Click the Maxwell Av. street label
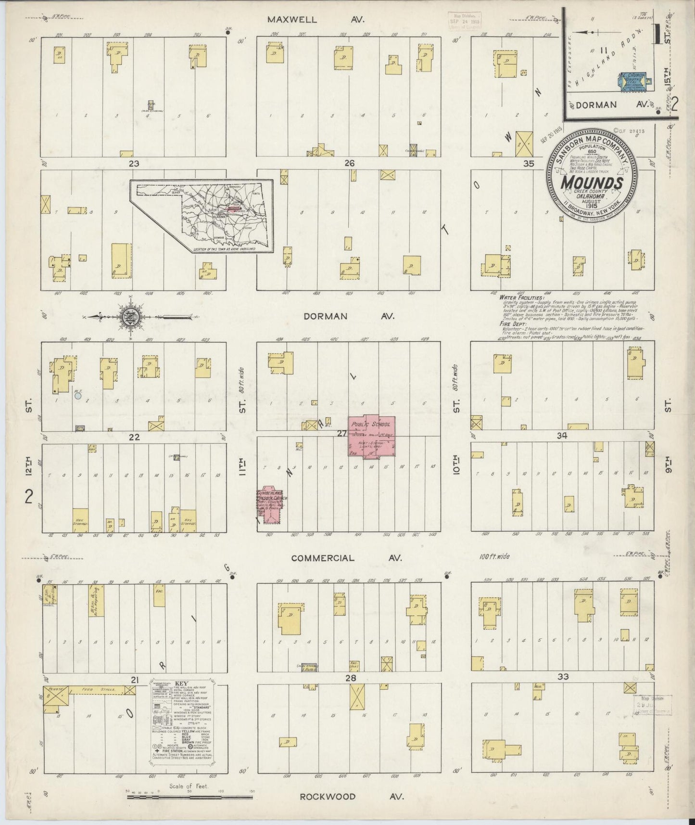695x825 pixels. pyautogui.click(x=316, y=20)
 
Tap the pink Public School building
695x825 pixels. pyautogui.click(x=372, y=435)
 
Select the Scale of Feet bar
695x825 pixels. pyautogui.click(x=188, y=798)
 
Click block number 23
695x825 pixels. pyautogui.click(x=134, y=164)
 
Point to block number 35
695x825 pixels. pyautogui.click(x=529, y=164)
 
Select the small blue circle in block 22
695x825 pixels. pyautogui.click(x=78, y=396)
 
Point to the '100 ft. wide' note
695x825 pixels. pyautogui.click(x=494, y=556)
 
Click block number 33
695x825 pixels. pyautogui.click(x=563, y=677)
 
